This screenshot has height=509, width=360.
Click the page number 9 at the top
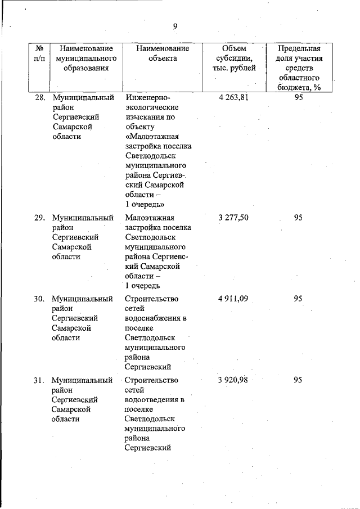coord(175,26)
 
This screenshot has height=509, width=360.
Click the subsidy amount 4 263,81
coord(233,97)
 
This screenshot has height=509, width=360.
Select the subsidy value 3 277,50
coord(233,218)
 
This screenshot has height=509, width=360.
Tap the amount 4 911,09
coord(233,299)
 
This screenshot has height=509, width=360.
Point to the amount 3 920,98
coord(233,380)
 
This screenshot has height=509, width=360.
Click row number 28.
coord(39,97)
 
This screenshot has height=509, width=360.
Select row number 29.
coord(39,218)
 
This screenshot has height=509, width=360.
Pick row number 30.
coord(39,299)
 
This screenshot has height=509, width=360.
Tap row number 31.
coord(39,380)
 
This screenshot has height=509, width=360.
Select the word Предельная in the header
coord(299,48)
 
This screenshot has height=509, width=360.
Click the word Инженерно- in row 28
coord(148,97)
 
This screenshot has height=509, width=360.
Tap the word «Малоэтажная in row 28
coord(152,137)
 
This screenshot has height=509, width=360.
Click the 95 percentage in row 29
coord(298,218)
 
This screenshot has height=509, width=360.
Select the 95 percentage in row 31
coord(298,380)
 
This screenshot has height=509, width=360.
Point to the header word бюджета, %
coord(299,87)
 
